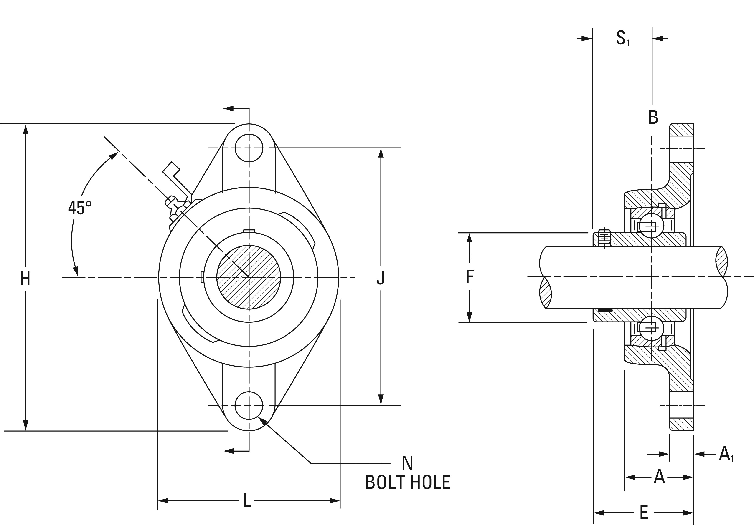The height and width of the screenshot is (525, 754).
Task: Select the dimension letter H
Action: point(25,279)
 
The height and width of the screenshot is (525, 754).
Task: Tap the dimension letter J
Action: point(380,278)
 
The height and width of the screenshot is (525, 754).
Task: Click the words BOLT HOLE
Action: point(408,482)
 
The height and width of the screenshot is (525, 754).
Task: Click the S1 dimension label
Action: point(622,38)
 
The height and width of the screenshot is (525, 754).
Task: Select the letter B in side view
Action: point(653,117)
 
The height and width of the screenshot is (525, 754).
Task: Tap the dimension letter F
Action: point(470,277)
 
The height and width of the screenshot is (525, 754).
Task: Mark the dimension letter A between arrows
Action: point(659,477)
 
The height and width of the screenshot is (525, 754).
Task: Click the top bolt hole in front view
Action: point(249,148)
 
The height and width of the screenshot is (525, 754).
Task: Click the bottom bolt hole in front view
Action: point(249,406)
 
